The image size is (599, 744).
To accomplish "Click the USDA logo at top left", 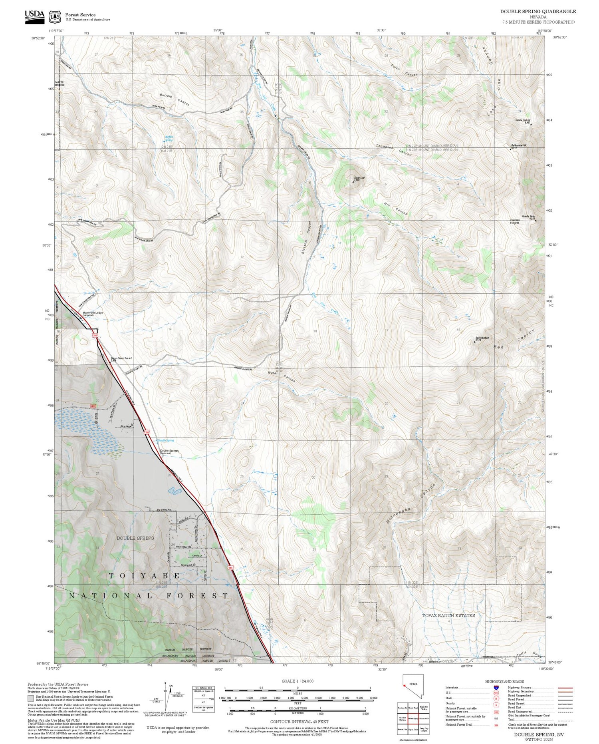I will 34,16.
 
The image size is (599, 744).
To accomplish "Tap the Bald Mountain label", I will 482,338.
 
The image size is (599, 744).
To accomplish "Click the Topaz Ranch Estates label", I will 448,615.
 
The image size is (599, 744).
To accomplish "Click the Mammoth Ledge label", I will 93,313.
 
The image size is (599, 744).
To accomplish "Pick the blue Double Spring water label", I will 165,440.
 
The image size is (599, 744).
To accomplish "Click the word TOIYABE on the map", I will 144,576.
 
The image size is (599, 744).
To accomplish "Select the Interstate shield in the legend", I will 496,688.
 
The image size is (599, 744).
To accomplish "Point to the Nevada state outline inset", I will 412,685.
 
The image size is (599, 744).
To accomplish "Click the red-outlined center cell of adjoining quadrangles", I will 413,718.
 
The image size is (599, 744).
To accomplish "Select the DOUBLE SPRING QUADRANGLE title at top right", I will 538,12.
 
